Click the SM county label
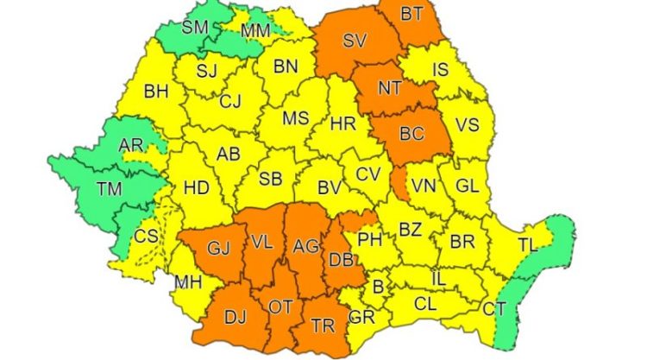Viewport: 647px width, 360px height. tap(195, 28)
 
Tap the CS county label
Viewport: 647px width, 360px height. tap(148, 236)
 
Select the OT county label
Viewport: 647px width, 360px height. tap(281, 307)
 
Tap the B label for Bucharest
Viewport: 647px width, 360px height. tap(377, 286)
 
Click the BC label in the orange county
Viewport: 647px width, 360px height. tap(411, 134)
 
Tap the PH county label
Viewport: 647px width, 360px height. tap(370, 239)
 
